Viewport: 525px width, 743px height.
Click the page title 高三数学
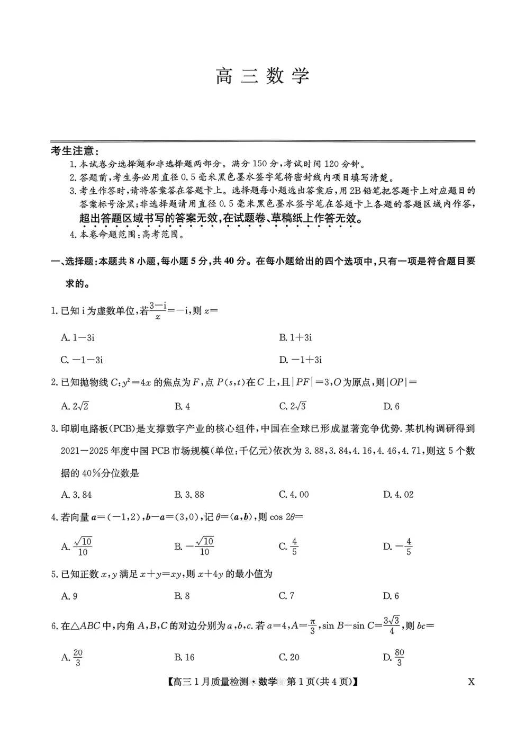tap(262, 76)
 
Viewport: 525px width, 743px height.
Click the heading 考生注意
tap(75, 151)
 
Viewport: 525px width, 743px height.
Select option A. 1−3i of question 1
tap(78, 337)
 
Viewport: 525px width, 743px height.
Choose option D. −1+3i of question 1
tap(300, 360)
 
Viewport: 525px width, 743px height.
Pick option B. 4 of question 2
tap(182, 407)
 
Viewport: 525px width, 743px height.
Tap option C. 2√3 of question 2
tap(292, 406)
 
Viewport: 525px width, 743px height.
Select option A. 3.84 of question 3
tap(77, 495)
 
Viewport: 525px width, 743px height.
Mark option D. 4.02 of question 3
tap(398, 495)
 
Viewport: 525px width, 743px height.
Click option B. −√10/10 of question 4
tap(194, 546)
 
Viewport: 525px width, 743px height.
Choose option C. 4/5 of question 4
tap(288, 546)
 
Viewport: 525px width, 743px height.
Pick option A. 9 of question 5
tap(69, 596)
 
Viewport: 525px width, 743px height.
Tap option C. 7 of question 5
tap(286, 596)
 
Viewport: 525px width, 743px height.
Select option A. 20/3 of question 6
tap(72, 657)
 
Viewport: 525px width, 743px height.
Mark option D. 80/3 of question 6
tap(393, 657)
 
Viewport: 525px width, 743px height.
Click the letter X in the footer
tap(471, 682)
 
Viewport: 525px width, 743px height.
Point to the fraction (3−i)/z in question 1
tap(158, 311)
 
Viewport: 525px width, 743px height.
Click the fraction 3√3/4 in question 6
tap(392, 625)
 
